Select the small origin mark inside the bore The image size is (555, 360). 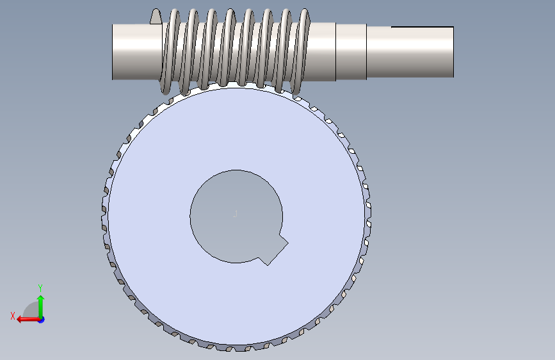click(x=235, y=214)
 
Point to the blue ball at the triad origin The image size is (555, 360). click(x=40, y=319)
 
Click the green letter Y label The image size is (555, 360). click(x=40, y=288)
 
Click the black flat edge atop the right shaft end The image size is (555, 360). click(x=422, y=27)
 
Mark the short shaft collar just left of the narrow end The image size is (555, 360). click(x=351, y=52)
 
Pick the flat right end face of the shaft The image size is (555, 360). click(x=453, y=52)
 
